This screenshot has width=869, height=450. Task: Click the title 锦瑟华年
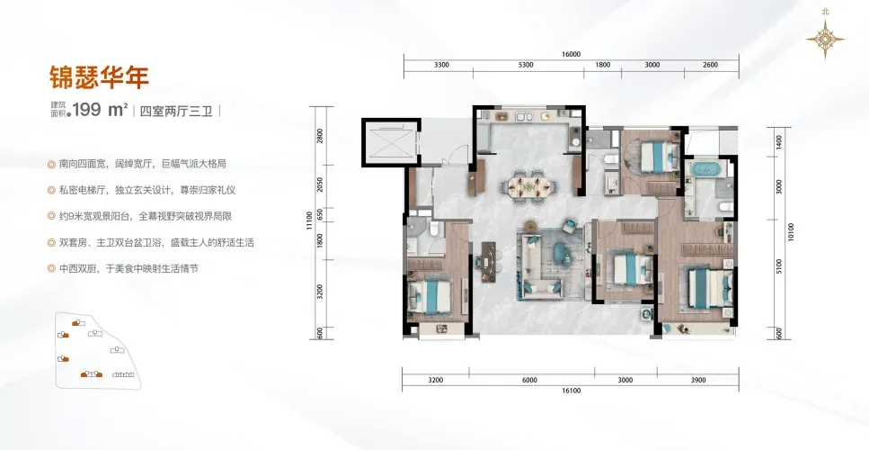click(100, 77)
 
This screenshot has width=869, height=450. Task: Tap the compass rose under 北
click(825, 39)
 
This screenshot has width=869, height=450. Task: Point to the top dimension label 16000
click(571, 54)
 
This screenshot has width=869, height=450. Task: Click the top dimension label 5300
click(526, 65)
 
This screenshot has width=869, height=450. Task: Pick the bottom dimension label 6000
click(530, 380)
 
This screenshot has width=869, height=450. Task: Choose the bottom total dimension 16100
click(571, 391)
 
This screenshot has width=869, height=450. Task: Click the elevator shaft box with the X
click(390, 142)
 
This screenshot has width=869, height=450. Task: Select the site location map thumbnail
click(98, 350)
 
